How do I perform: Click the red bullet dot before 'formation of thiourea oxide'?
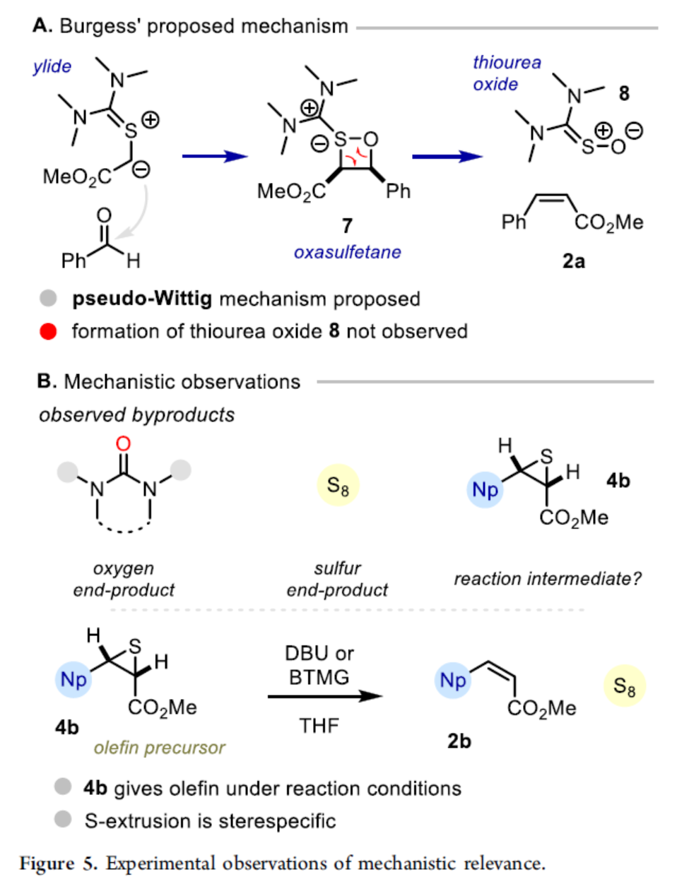(x=48, y=332)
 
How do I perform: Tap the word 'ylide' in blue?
(x=52, y=66)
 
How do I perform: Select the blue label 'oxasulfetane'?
(x=347, y=252)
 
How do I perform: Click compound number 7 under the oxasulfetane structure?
(x=346, y=225)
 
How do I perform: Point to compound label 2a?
(x=573, y=261)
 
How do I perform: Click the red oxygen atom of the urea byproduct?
(x=123, y=443)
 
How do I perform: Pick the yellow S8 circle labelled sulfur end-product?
(x=338, y=486)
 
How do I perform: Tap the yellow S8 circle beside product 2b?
(x=624, y=686)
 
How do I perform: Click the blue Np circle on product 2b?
(x=453, y=681)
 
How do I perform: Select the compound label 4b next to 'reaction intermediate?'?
(x=618, y=481)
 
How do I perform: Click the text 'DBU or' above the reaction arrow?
(x=319, y=653)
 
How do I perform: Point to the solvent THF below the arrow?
(x=319, y=726)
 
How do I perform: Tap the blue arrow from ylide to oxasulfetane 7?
(x=214, y=156)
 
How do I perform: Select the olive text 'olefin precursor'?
(x=159, y=748)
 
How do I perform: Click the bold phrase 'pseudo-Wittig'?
(x=141, y=299)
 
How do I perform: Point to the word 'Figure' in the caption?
(x=47, y=863)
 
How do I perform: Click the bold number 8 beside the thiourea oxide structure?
(x=623, y=94)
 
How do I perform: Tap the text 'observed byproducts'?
(x=136, y=415)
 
